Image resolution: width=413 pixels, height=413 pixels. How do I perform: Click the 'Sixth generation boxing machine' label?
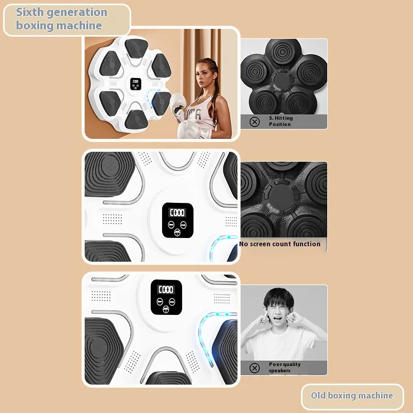pyautogui.click(x=62, y=19)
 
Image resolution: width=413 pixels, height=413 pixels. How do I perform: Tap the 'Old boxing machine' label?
pyautogui.click(x=352, y=395)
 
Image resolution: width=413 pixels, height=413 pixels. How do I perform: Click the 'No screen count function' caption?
pyautogui.click(x=280, y=244)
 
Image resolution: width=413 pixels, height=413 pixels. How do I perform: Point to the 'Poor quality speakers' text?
pyautogui.click(x=284, y=367)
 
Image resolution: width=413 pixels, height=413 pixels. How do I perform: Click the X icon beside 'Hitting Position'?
pyautogui.click(x=254, y=121)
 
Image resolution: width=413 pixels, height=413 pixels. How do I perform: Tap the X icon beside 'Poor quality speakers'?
pyautogui.click(x=254, y=368)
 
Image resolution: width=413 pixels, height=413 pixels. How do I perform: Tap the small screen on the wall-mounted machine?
pyautogui.click(x=136, y=84)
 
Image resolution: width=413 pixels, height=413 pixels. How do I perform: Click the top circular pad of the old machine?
pyautogui.click(x=283, y=55)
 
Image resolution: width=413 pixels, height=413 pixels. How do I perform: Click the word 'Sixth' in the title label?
pyautogui.click(x=31, y=12)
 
